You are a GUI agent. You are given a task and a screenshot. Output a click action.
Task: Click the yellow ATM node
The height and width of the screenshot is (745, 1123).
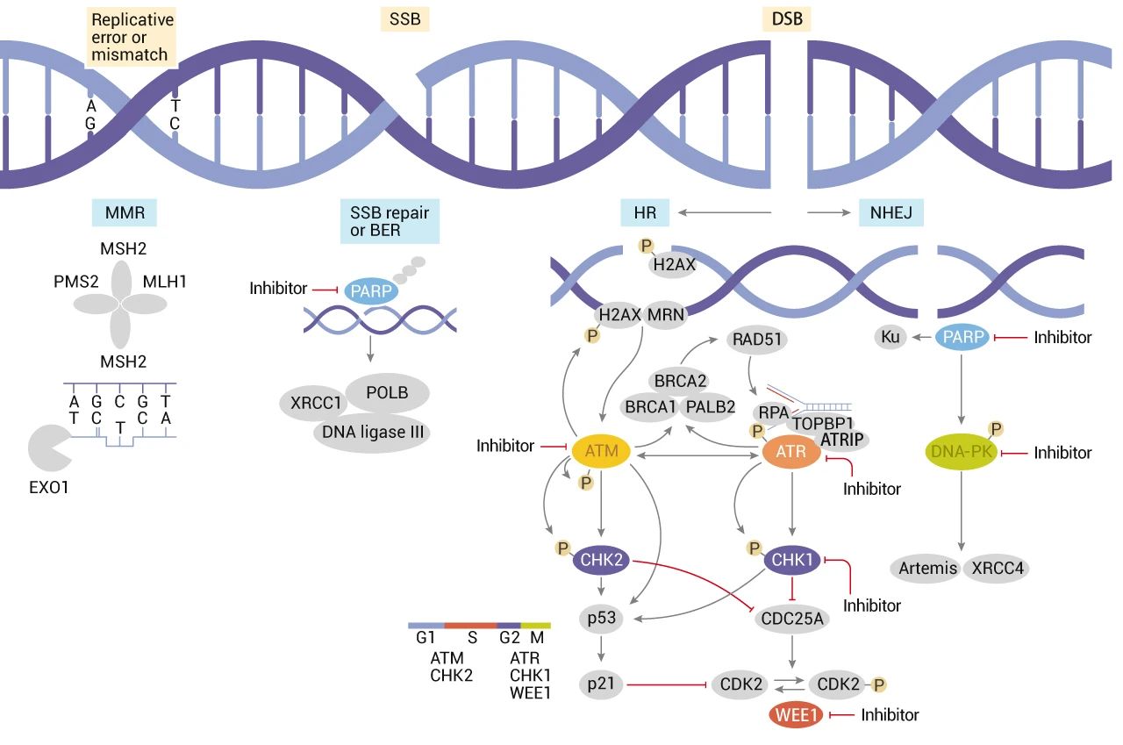click(x=601, y=451)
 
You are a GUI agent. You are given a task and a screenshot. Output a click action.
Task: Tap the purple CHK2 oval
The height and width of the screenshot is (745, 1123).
click(x=602, y=559)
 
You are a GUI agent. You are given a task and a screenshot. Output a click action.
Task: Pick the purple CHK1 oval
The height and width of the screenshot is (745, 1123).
click(x=792, y=559)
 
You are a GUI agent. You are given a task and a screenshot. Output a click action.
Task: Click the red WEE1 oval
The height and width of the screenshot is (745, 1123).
click(x=797, y=715)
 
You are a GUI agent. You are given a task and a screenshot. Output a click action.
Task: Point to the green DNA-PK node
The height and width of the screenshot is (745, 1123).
click(x=963, y=452)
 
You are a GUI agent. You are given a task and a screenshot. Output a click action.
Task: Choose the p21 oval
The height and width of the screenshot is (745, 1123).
click(x=601, y=684)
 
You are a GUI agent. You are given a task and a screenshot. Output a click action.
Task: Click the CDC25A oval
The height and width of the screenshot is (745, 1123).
click(x=791, y=620)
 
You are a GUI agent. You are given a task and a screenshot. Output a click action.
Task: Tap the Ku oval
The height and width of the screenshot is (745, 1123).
click(x=891, y=337)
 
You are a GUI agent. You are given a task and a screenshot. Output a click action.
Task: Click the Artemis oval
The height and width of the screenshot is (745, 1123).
click(x=928, y=568)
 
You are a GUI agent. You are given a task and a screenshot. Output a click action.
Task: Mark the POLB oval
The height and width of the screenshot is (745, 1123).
click(x=388, y=392)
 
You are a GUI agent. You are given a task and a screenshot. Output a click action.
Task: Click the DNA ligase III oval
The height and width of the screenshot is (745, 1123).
click(x=372, y=431)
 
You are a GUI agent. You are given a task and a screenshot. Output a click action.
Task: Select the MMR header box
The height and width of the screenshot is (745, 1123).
click(x=125, y=211)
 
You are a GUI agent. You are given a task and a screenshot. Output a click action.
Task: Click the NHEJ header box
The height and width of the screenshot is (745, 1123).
click(x=891, y=211)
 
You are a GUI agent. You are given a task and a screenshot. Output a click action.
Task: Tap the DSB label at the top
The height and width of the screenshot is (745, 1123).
click(x=785, y=18)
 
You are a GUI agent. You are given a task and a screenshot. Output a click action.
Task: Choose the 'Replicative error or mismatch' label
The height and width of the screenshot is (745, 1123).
click(x=132, y=37)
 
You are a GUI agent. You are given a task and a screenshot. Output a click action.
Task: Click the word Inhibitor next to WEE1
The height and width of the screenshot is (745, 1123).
click(x=890, y=715)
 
